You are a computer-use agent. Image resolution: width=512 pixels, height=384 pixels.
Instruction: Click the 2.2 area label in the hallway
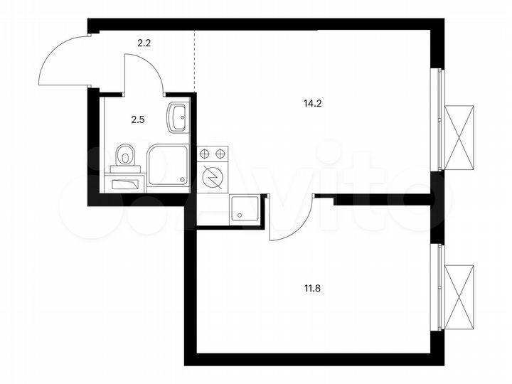(144, 43)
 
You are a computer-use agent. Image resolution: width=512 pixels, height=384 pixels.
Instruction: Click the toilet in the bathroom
(126, 154)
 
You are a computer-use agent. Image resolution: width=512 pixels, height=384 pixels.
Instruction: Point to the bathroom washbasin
(177, 116)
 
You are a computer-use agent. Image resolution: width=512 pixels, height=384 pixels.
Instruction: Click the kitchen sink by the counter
(245, 208)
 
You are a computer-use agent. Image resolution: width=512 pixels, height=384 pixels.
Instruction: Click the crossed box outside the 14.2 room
(459, 136)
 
